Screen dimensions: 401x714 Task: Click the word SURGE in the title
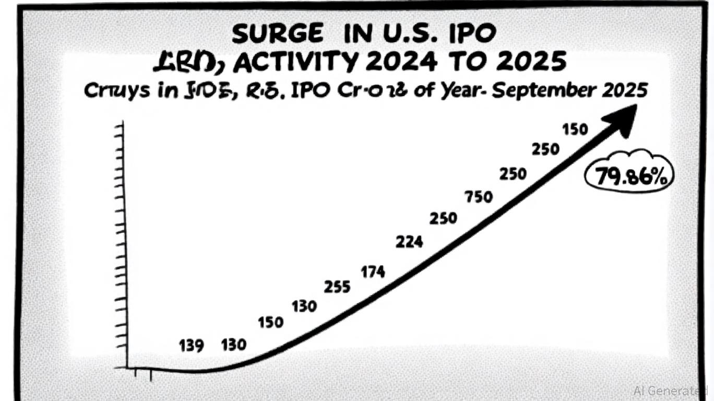tap(278, 34)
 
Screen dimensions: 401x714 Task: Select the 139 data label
tap(191, 346)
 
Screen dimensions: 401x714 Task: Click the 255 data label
tap(337, 287)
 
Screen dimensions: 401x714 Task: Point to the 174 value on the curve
tap(373, 272)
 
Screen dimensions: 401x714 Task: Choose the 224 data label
tap(409, 242)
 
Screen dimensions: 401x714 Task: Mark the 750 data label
tap(478, 197)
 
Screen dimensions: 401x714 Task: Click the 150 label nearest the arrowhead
tap(575, 129)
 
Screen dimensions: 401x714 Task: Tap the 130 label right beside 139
tap(233, 345)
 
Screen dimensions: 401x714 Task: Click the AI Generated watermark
tap(670, 390)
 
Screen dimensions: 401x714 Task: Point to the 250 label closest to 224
tap(443, 218)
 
